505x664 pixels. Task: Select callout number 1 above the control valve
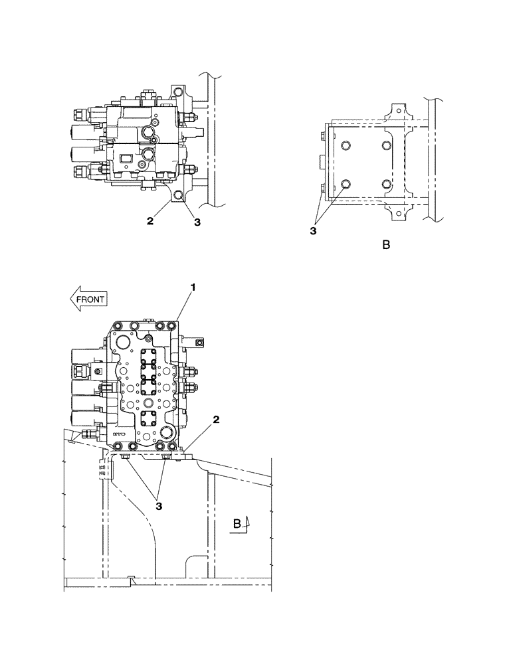pos(193,287)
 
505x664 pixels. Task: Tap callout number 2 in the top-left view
pos(150,221)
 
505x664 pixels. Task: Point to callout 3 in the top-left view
pos(197,222)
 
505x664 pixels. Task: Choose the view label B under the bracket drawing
pos(386,246)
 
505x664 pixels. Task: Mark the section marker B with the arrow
pos(239,523)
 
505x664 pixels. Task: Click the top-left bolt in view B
pos(344,146)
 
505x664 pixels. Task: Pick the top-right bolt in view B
pos(386,146)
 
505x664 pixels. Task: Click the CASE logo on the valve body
pos(119,432)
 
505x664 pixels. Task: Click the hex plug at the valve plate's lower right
pos(163,432)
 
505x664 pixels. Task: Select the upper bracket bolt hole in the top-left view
pos(178,91)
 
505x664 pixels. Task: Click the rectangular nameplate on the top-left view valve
pos(124,158)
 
